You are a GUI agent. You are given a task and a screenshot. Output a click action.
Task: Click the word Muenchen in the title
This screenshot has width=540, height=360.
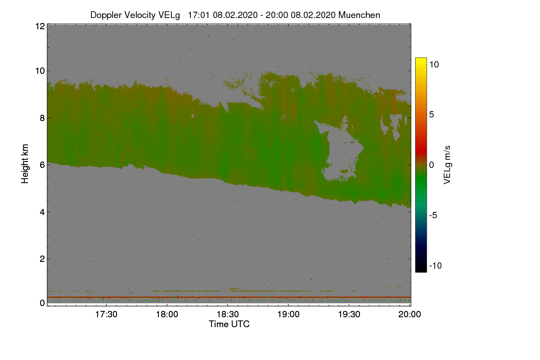pyautogui.click(x=359, y=15)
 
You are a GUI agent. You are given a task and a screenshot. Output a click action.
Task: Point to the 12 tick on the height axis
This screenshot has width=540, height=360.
pyautogui.click(x=40, y=26)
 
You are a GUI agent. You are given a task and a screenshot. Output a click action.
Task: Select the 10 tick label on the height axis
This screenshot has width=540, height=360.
pyautogui.click(x=40, y=71)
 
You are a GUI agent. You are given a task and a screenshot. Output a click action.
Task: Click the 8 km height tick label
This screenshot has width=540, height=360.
pyautogui.click(x=42, y=118)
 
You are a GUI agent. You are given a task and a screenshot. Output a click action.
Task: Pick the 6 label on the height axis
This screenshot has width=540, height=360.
pyautogui.click(x=42, y=165)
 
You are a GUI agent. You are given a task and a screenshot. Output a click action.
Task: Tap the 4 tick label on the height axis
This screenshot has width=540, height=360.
pyautogui.click(x=42, y=212)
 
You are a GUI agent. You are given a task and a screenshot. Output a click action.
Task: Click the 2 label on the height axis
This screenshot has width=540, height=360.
pyautogui.click(x=42, y=259)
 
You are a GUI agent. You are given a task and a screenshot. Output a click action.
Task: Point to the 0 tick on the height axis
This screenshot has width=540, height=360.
pyautogui.click(x=42, y=303)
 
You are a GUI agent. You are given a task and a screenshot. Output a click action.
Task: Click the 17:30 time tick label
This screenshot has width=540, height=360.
pyautogui.click(x=106, y=315)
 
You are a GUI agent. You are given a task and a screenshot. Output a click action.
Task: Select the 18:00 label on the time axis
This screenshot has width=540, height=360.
pyautogui.click(x=167, y=315)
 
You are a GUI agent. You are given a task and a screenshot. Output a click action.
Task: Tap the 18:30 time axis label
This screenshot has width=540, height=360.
pyautogui.click(x=228, y=315)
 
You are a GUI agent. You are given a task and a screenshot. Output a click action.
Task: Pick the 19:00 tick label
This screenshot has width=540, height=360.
pyautogui.click(x=288, y=315)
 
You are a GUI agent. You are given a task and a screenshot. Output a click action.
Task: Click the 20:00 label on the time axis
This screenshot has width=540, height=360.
pyautogui.click(x=409, y=315)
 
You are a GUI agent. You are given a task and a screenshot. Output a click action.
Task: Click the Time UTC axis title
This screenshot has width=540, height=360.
pyautogui.click(x=229, y=324)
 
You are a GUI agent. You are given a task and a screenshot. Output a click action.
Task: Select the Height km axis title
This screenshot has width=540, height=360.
pyautogui.click(x=25, y=164)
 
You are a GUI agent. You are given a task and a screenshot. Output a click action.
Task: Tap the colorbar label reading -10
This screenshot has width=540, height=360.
pyautogui.click(x=436, y=265)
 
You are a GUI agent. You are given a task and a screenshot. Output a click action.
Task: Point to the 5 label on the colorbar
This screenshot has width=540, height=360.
pyautogui.click(x=432, y=115)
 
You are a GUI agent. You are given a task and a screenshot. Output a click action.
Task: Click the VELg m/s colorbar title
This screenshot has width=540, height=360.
pyautogui.click(x=447, y=165)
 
